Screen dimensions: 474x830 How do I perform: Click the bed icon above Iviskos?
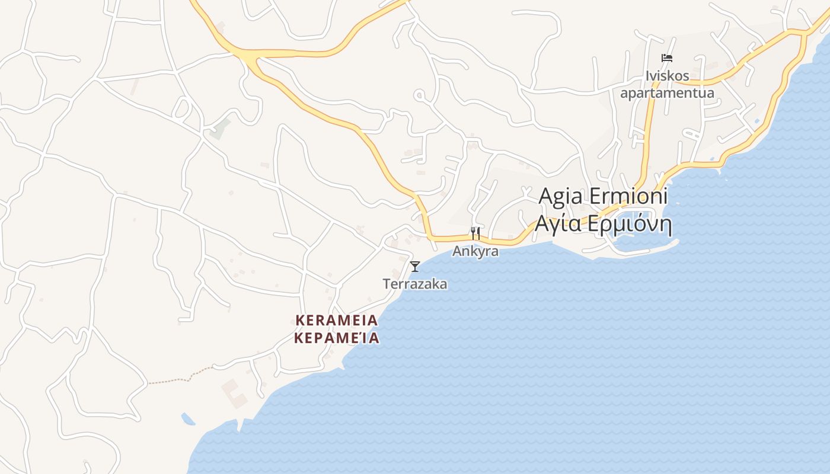click(x=667, y=57)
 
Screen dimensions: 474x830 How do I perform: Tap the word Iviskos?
click(x=668, y=76)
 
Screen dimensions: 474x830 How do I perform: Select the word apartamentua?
click(x=667, y=93)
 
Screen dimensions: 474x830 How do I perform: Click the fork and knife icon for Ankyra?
click(x=475, y=233)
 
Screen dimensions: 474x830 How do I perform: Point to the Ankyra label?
click(x=475, y=251)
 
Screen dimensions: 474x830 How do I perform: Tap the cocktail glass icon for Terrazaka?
click(x=415, y=266)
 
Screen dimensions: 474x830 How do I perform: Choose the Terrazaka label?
click(x=415, y=284)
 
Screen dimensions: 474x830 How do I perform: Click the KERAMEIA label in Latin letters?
click(x=336, y=321)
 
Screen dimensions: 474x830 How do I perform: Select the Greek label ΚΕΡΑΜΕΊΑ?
click(x=336, y=338)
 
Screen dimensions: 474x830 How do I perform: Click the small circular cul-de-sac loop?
click(x=420, y=95)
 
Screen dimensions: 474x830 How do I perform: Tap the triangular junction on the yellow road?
click(x=250, y=57)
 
